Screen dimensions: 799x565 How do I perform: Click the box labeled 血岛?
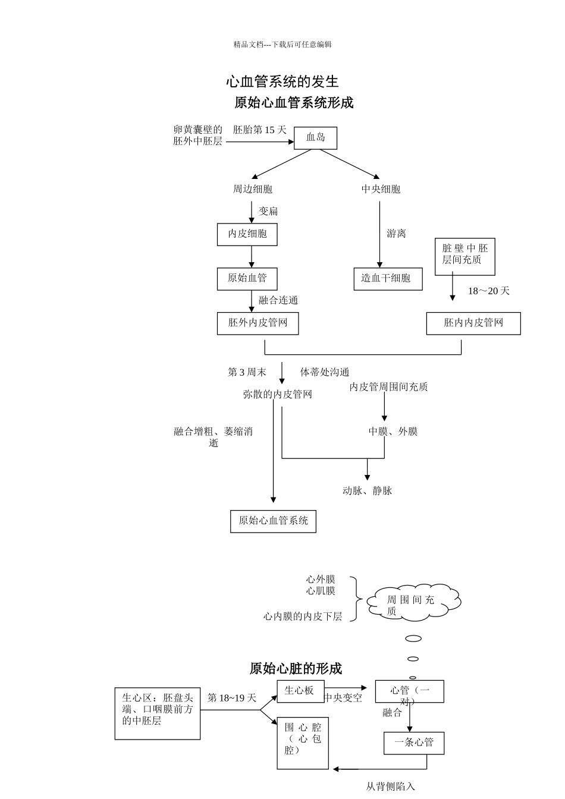coord(316,138)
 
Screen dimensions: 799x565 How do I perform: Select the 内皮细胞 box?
coord(247,234)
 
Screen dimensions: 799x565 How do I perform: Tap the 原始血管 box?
coord(247,278)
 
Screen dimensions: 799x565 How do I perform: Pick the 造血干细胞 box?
coord(388,278)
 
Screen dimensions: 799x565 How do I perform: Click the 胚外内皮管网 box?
coord(258,323)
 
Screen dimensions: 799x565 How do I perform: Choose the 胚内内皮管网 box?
coord(473,323)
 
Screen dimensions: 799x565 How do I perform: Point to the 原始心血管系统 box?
coord(273,521)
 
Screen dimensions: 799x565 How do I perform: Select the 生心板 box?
coord(299,691)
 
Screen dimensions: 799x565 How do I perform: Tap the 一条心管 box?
coord(414,743)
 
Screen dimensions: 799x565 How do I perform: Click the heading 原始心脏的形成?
coord(296,669)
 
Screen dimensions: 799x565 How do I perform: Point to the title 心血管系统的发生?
coord(282,81)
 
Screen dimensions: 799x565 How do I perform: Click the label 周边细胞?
coord(252,189)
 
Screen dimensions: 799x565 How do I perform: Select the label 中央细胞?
coord(381,189)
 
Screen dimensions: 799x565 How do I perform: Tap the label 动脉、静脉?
coord(367,491)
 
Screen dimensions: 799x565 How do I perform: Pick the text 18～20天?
coord(488,291)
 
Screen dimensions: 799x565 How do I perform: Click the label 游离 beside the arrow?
coord(396,234)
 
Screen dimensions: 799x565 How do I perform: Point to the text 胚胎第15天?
coord(259,130)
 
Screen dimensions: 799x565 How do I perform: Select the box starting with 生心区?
coord(158,713)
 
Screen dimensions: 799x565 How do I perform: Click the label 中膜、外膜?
coord(393,432)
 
